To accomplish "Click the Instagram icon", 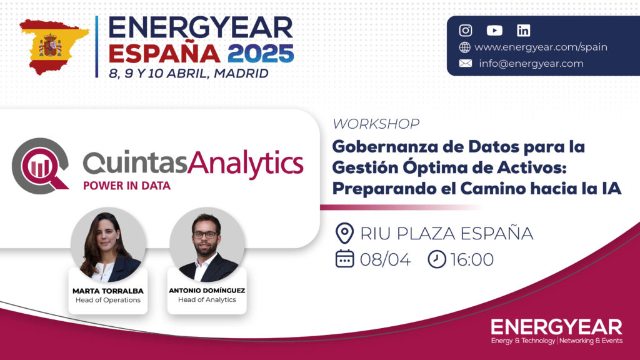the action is [465, 30].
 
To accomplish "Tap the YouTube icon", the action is [494, 30].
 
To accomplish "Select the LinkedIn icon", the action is [523, 30].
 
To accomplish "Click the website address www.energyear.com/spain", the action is [541, 47].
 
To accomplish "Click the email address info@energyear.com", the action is [531, 63].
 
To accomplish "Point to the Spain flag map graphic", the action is [54, 46].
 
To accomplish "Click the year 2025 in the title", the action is [261, 54].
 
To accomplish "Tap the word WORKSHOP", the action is [376, 124].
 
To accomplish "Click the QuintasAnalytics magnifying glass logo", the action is [40, 166].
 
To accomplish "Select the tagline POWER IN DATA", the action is [126, 186].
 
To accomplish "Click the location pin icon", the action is [344, 233].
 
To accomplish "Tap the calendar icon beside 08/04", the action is [344, 259].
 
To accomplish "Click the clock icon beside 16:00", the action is [437, 259].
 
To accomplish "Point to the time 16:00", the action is [472, 259].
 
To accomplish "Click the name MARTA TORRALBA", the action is [108, 291].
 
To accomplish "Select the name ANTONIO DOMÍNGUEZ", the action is [207, 290].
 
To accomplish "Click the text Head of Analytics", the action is [207, 299].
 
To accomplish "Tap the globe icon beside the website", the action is [464, 47].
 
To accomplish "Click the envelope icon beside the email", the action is [465, 63].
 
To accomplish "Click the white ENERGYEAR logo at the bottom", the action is [557, 331].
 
